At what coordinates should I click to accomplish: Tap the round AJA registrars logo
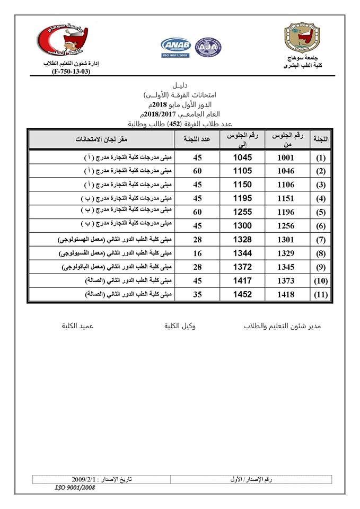pos(208,47)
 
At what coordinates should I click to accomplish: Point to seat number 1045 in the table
pos(242,158)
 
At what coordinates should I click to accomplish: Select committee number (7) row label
pos(321,240)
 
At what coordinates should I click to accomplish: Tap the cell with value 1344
pos(242,254)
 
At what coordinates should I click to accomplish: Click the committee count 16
pos(198,254)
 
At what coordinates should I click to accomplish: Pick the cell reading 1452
pos(242,295)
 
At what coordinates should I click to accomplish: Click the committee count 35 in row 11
pos(198,295)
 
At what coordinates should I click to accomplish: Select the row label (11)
pos(321,295)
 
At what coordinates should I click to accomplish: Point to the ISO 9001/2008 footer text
pos(75,487)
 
